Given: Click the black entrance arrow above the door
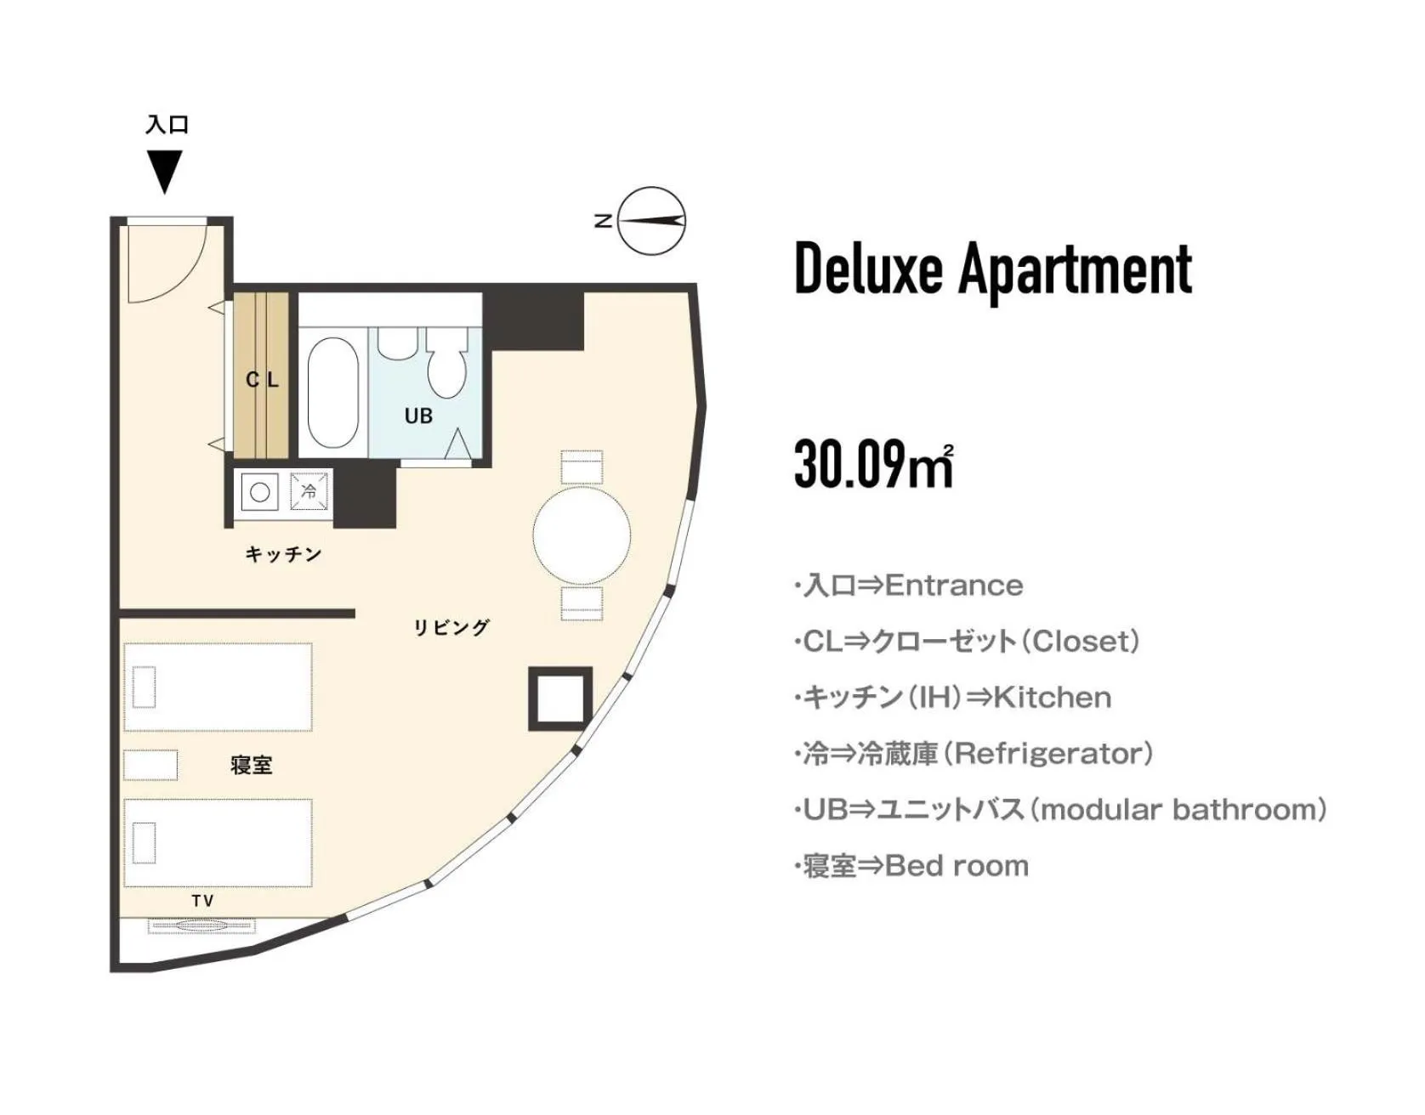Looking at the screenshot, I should [x=164, y=171].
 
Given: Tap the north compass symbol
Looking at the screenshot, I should [x=651, y=221].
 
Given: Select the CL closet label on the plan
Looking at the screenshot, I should [x=262, y=380].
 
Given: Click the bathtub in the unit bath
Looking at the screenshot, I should [x=332, y=392].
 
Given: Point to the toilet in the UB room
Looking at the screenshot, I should [x=446, y=365].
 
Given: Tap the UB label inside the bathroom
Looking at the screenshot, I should [x=418, y=416].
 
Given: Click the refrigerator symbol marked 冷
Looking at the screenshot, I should [x=309, y=491].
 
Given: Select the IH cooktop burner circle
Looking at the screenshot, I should [x=260, y=491].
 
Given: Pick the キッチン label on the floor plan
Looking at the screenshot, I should [x=283, y=554].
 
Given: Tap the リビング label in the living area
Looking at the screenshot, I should [x=451, y=627].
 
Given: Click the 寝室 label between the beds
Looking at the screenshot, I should [x=252, y=765].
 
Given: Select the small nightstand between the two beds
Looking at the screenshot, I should [x=150, y=765].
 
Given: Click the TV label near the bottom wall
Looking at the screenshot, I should [x=202, y=901].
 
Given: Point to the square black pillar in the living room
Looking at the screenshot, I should [x=560, y=699].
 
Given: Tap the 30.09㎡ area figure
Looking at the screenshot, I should [x=873, y=465].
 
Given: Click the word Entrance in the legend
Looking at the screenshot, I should [x=954, y=586].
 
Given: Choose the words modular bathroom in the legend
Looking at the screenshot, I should [x=1183, y=810].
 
